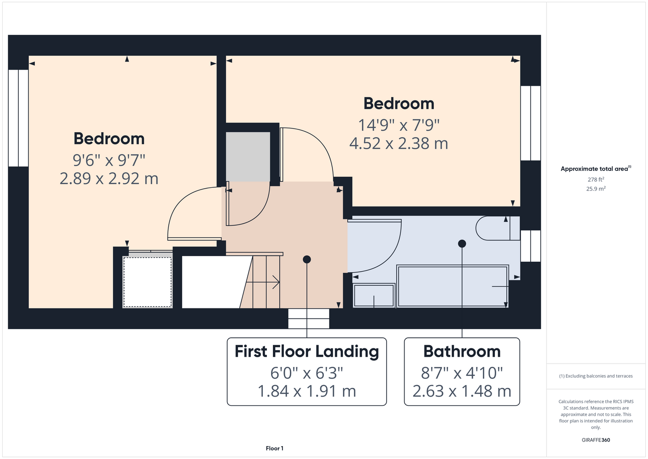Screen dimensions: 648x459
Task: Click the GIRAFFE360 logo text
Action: tap(596, 440)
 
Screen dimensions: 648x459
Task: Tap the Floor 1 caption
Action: tap(275, 448)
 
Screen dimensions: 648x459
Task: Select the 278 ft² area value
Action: tap(596, 179)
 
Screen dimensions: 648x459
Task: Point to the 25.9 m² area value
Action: tap(596, 189)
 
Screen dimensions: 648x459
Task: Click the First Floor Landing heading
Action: tap(307, 351)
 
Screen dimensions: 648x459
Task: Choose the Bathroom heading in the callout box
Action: tap(462, 351)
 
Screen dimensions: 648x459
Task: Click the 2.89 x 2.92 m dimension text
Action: tap(109, 179)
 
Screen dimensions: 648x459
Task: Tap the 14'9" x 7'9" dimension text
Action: tap(399, 125)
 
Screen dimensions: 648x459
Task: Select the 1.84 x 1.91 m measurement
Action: tap(307, 391)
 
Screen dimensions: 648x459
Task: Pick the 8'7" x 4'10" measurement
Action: tap(462, 373)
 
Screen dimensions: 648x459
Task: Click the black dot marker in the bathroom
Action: tap(462, 244)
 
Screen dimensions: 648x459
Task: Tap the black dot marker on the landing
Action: tap(307, 259)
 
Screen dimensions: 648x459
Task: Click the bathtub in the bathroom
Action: tap(453, 286)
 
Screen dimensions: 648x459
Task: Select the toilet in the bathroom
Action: tap(498, 228)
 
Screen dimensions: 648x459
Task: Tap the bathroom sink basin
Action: tap(374, 295)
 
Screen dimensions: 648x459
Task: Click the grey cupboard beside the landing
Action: tap(248, 157)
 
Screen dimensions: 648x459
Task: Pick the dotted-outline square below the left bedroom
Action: tap(148, 282)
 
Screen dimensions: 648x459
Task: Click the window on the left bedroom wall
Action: tap(18, 118)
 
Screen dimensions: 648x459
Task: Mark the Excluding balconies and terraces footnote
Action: tap(596, 376)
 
